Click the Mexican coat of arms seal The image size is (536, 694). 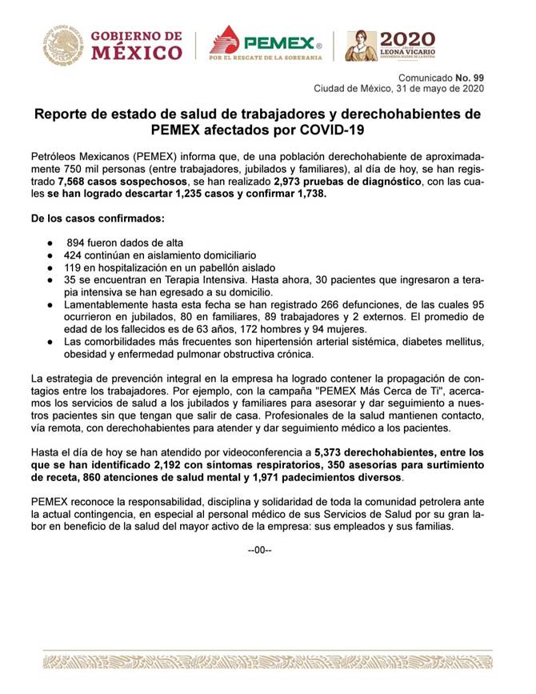coord(62,45)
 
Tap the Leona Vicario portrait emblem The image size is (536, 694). coord(361,46)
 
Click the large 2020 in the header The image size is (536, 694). coord(407,38)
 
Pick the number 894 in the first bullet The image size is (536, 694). coord(78,243)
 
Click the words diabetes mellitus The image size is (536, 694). coord(446,342)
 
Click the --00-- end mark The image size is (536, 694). coord(260,551)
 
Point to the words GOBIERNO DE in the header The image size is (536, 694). coord(136,36)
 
